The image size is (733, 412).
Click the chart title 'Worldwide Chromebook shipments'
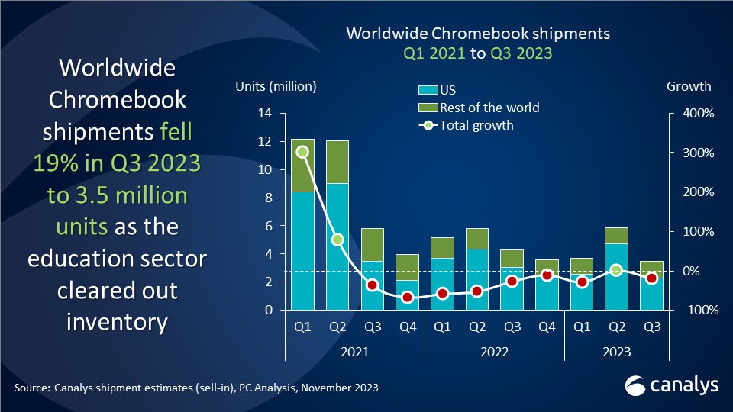pos(478,34)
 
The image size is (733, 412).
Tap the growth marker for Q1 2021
pos(302,152)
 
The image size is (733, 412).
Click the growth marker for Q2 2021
pos(337,240)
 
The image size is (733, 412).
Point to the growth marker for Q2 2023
pos(616,270)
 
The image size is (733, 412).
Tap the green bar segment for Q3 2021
pos(373,244)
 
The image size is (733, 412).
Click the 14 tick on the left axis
pos(266,114)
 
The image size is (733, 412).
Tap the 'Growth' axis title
pos(689,86)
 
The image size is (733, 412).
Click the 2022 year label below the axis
pos(495,352)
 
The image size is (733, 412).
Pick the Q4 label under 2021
pos(408,327)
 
